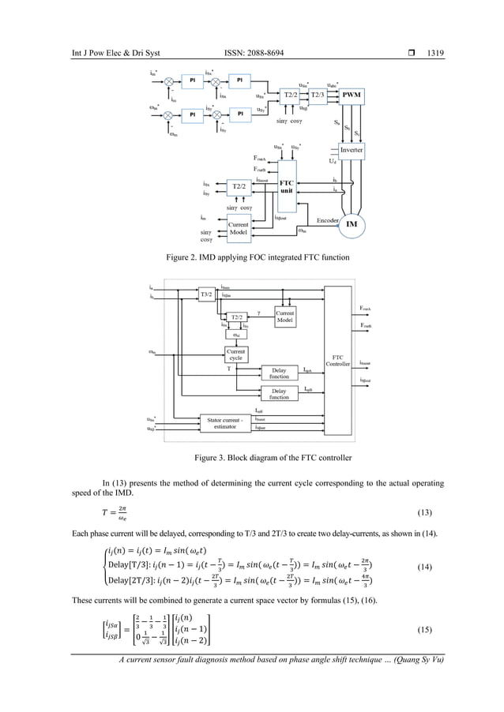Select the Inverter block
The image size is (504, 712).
[x=352, y=149]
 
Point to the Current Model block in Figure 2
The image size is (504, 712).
[x=238, y=229]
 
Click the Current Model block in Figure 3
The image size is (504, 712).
[x=285, y=317]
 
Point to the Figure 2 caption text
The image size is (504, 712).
[x=252, y=257]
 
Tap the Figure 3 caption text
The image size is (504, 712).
[x=252, y=457]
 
